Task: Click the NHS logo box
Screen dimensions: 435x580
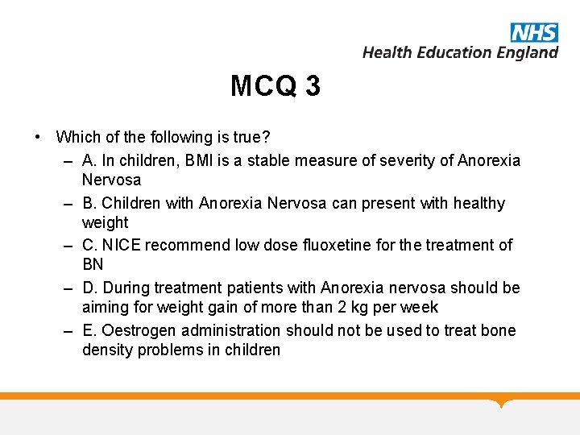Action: (534, 32)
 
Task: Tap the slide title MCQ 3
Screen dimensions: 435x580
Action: (275, 85)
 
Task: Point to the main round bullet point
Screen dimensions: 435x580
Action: (38, 137)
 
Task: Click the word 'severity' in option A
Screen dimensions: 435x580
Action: (408, 160)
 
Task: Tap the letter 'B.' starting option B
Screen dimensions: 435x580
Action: (89, 203)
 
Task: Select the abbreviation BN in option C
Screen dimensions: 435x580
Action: (93, 264)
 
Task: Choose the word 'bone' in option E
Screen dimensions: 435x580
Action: (498, 330)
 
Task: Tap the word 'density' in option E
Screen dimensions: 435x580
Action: (108, 350)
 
